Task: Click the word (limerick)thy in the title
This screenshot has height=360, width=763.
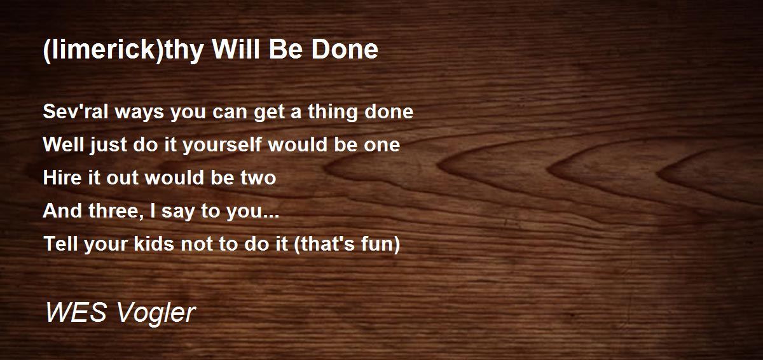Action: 123,50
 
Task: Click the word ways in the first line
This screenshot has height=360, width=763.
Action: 139,113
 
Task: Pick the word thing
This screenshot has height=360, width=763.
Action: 332,113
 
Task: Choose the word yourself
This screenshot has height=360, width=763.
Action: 222,146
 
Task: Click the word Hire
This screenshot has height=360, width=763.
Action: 62,177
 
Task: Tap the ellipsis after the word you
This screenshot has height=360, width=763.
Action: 270,216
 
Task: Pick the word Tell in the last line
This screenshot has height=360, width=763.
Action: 61,244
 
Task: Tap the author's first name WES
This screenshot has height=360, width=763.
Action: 76,312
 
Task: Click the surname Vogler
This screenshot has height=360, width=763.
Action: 156,314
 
